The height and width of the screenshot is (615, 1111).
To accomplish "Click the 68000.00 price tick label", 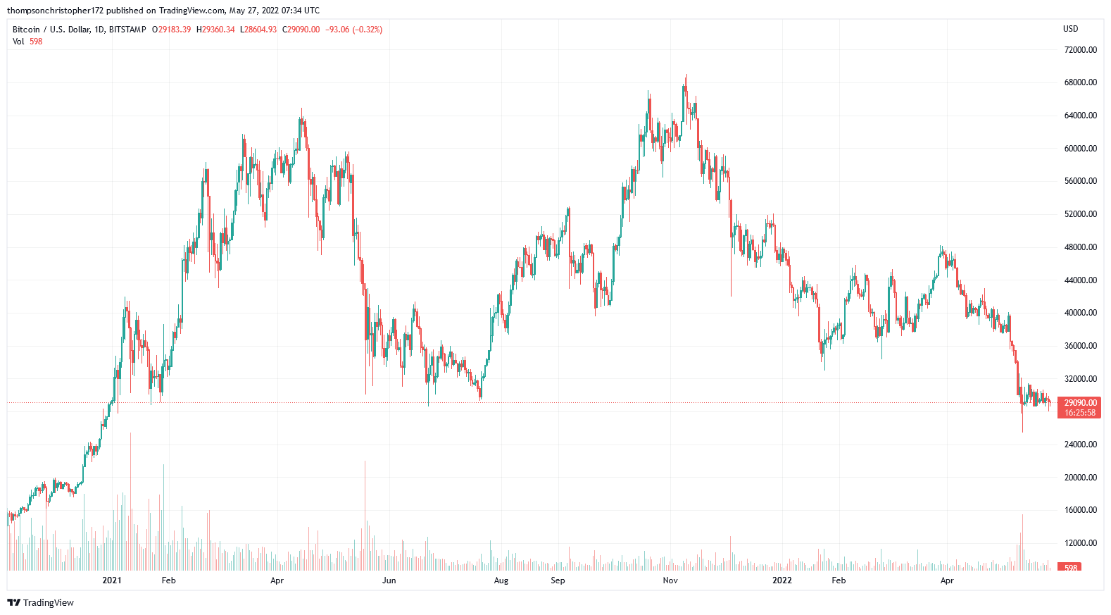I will coord(1080,82).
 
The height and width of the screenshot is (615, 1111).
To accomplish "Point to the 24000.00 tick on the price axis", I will coord(1080,445).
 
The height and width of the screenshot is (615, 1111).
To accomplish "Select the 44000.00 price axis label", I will coord(1080,280).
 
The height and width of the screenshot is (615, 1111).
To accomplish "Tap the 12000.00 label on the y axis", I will coord(1080,543).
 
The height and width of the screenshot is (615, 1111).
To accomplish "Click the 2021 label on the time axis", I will coord(112,580).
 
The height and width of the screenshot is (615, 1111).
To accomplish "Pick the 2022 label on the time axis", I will coord(782,580).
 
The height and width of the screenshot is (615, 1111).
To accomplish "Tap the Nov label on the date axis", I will coord(670,580).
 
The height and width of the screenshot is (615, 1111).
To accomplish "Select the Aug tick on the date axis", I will coord(501,580).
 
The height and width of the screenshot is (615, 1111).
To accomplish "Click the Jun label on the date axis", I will coord(389,580).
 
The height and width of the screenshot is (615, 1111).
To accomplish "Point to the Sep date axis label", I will coord(558,580).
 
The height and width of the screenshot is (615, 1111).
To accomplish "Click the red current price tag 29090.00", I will coord(1080,403).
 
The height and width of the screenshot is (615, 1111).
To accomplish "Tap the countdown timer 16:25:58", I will coord(1080,413).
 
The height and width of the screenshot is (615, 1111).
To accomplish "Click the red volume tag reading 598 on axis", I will coord(1071,568).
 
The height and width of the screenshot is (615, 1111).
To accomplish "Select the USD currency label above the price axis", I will coord(1070,29).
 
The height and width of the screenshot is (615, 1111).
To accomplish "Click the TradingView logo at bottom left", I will coord(41,602).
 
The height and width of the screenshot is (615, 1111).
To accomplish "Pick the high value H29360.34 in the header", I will coord(215,30).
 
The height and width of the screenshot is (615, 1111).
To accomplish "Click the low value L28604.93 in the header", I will coord(258,30).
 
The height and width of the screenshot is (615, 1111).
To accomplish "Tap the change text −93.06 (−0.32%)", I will coord(353,30).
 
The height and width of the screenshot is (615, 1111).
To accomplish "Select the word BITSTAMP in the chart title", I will coord(127,30).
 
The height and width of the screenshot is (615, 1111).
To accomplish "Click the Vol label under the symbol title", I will coord(18,42).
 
